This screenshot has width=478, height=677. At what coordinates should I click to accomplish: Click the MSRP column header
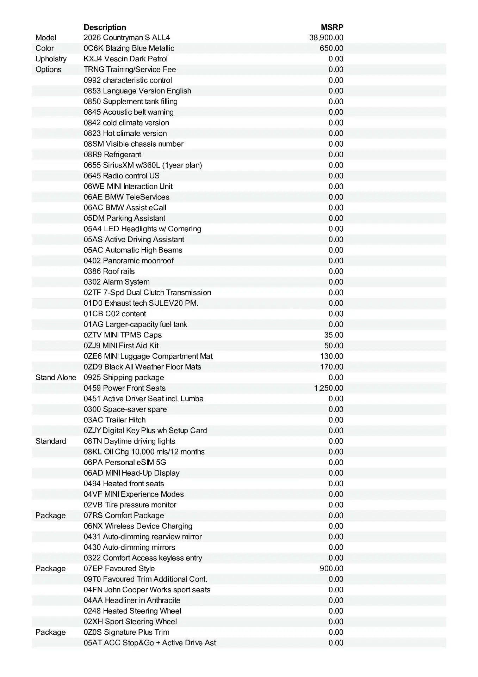(332, 27)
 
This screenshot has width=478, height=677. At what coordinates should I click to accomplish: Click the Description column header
(105, 27)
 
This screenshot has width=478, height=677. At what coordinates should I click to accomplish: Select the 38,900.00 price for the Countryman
(326, 38)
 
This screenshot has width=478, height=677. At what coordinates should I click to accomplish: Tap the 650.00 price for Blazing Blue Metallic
(331, 48)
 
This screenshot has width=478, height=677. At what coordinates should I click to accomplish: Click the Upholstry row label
(51, 59)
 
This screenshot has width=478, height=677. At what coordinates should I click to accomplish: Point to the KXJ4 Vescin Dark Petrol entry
(126, 59)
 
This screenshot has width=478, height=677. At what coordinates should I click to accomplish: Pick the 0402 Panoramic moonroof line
(129, 261)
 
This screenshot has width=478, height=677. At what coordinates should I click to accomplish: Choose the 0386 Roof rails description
(109, 271)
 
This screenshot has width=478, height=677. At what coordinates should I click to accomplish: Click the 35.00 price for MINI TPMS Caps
(334, 335)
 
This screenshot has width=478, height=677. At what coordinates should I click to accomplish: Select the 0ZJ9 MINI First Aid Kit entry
(121, 346)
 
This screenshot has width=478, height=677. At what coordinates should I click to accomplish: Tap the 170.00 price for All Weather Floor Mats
(331, 367)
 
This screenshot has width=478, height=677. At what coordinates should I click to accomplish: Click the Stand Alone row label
(56, 377)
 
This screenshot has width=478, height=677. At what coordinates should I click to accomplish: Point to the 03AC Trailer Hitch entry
(114, 420)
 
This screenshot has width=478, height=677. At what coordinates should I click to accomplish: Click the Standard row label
(51, 441)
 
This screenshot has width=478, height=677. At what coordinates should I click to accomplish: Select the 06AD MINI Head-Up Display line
(131, 473)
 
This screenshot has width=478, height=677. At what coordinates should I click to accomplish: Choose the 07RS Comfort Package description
(124, 516)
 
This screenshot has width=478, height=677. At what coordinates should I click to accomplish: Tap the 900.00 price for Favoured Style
(331, 568)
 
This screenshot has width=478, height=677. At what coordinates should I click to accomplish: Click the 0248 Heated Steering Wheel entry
(132, 611)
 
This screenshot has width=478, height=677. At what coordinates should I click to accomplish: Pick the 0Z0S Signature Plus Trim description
(126, 632)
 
